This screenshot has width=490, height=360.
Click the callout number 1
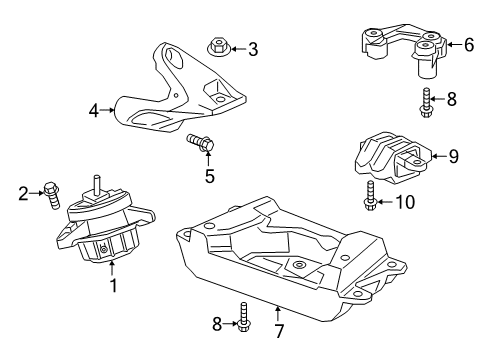(113, 287)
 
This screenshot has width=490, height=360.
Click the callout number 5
(209, 177)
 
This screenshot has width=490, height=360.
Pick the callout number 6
(468, 44)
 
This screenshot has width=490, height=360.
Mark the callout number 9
(453, 155)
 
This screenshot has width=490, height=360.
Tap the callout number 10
(406, 202)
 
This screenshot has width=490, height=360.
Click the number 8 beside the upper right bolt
(453, 99)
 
